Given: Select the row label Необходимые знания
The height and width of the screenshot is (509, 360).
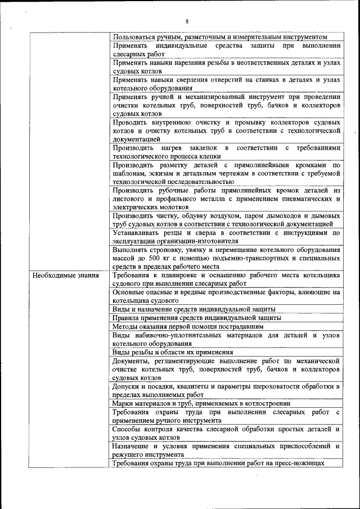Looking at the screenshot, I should (66, 276).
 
